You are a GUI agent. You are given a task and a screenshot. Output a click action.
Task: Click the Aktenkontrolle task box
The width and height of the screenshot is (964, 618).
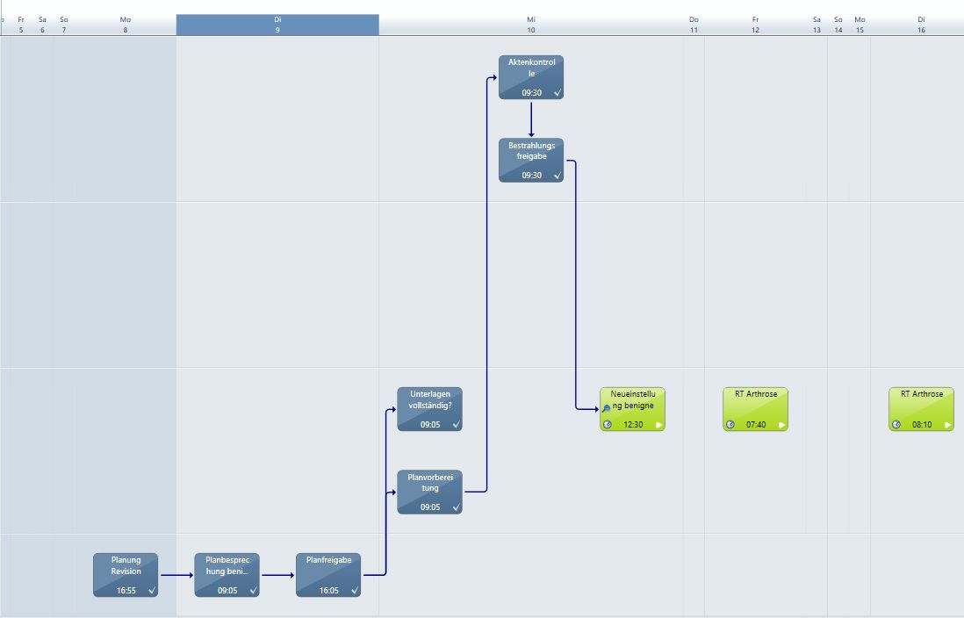tap(531, 76)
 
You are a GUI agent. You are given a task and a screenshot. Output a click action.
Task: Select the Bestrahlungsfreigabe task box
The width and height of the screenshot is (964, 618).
tap(531, 160)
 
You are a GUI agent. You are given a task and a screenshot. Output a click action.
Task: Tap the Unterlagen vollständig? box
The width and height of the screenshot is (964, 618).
tap(429, 408)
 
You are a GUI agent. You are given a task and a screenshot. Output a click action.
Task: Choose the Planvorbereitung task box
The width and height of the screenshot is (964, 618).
tap(429, 492)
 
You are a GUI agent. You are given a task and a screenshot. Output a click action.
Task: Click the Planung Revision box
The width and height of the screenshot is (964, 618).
tap(126, 575)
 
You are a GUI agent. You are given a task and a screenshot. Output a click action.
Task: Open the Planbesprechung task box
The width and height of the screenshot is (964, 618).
tap(227, 575)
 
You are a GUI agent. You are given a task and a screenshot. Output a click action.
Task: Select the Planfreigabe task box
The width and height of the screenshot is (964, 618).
tap(328, 575)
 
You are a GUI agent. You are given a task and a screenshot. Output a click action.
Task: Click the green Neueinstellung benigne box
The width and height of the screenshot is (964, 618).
tap(632, 408)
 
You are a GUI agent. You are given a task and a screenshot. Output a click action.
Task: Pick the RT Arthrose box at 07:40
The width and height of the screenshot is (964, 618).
tap(756, 408)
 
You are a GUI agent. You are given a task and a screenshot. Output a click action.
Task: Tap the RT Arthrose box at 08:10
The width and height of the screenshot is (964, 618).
tap(921, 408)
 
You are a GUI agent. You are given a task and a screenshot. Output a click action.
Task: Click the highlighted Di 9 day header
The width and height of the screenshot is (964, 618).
tap(277, 25)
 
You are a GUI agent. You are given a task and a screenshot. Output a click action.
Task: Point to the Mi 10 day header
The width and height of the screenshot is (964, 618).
tap(531, 25)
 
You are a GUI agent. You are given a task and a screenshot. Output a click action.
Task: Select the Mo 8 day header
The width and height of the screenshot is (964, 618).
tap(126, 25)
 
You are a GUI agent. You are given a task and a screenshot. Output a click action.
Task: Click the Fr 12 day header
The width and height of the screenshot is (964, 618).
tap(755, 25)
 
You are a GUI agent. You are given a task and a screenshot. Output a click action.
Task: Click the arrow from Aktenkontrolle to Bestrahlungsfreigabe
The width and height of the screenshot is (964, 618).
tap(531, 118)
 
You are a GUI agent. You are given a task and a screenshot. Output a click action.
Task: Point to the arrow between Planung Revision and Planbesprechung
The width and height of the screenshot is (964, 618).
tap(176, 576)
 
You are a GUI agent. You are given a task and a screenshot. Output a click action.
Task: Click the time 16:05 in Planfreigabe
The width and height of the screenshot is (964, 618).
tap(329, 591)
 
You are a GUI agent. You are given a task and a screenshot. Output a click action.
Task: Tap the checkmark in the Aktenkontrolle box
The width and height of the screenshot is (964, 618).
tap(558, 92)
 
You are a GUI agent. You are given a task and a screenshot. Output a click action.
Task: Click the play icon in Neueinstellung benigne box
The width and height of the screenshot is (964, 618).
tap(659, 425)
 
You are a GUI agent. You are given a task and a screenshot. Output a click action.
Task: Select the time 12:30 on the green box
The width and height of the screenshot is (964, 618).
tap(633, 425)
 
